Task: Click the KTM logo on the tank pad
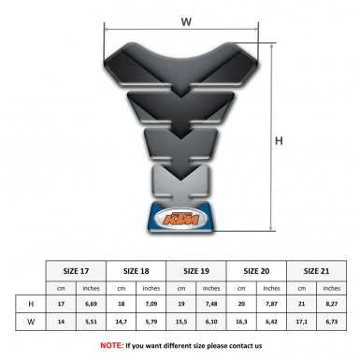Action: (x=181, y=220)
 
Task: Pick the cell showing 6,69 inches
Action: (x=92, y=304)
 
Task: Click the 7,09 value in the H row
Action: (x=151, y=304)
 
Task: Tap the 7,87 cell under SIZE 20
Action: (x=272, y=304)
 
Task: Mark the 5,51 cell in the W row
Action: (x=92, y=322)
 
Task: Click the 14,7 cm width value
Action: (x=122, y=322)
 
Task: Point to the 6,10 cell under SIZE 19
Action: (x=212, y=322)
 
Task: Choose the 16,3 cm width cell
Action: (x=242, y=322)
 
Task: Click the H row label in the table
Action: (x=31, y=304)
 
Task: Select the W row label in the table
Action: (x=31, y=322)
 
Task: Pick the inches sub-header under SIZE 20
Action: (x=272, y=287)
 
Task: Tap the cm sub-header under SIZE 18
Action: (x=122, y=287)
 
